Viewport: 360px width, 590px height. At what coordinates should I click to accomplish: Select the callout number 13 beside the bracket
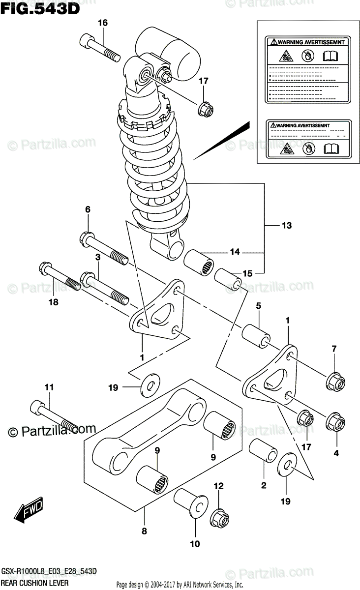pyautogui.click(x=287, y=226)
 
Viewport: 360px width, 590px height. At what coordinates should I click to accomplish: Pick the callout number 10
pyautogui.click(x=195, y=544)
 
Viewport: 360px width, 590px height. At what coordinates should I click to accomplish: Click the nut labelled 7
pyautogui.click(x=336, y=381)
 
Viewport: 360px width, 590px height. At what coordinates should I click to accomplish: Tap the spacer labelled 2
pyautogui.click(x=262, y=450)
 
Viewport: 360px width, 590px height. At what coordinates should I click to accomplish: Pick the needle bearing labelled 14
pyautogui.click(x=200, y=264)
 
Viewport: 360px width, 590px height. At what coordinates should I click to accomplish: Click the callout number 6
pyautogui.click(x=88, y=209)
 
